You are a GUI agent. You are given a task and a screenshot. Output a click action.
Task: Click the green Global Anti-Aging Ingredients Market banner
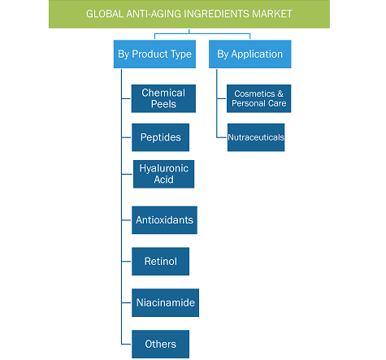[x=189, y=14]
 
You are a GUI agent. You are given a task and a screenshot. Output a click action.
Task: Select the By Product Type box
[x=154, y=54]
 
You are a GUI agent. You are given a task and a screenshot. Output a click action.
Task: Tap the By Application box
[x=250, y=54]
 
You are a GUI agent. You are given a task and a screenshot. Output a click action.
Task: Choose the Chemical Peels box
[x=163, y=98]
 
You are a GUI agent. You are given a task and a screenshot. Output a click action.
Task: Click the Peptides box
[x=161, y=137]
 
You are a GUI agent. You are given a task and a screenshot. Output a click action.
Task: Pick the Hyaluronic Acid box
[x=164, y=174]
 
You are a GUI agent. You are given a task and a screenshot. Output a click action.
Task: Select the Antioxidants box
[x=164, y=220]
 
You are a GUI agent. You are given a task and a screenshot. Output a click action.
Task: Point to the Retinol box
[x=161, y=262]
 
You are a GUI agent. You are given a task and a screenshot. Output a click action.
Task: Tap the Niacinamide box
[x=166, y=302]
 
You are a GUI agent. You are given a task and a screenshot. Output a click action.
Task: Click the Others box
[x=161, y=344]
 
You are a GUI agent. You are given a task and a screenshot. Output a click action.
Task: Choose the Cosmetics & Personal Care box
[x=259, y=98]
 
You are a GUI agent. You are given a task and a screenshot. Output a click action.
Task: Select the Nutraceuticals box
[x=256, y=137]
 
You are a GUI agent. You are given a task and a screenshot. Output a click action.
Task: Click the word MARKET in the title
[x=272, y=14]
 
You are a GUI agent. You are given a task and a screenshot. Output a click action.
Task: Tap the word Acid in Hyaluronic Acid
[x=163, y=180]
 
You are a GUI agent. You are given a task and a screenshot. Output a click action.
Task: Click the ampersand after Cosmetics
[x=280, y=93]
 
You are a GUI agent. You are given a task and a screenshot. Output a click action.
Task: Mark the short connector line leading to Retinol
[x=127, y=262]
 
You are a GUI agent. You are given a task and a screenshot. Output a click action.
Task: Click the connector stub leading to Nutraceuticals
[x=222, y=137]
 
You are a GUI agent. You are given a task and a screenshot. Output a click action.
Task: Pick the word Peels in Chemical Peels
[x=163, y=104]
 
